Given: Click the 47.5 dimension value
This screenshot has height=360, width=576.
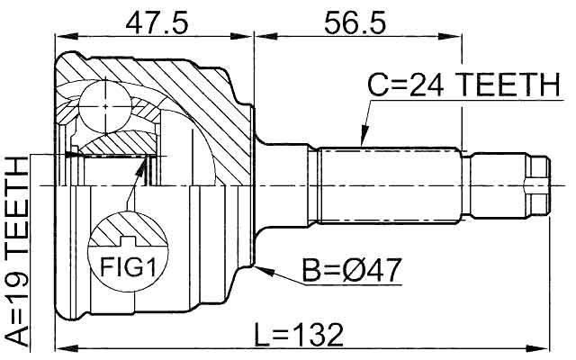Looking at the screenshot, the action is coord(157,22).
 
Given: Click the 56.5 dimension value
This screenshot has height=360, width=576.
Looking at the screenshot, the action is coord(355,22).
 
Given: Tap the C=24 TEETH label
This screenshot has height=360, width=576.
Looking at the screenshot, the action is coord(463,85).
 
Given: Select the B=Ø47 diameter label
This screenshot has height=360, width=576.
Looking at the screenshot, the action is coord(351,271).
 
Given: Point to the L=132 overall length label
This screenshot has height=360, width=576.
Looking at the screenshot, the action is coord(299,334).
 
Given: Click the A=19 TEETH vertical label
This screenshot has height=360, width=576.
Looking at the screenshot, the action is coord(18,251).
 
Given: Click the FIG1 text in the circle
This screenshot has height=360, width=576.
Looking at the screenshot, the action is coord(128,267).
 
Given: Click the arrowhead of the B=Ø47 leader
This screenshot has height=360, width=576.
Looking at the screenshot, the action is coord(265,271).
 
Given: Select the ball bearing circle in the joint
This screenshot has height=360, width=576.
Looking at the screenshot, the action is coord(105,107).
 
